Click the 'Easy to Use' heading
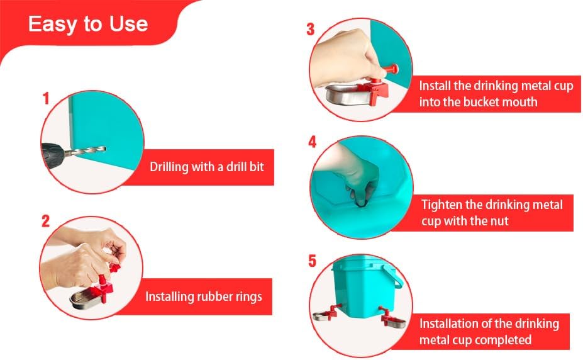click(x=88, y=24)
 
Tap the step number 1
click(x=46, y=99)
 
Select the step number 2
click(x=45, y=222)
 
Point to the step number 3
click(x=311, y=30)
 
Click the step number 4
click(x=313, y=142)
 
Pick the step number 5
click(x=313, y=261)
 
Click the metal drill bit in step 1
click(x=86, y=150)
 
